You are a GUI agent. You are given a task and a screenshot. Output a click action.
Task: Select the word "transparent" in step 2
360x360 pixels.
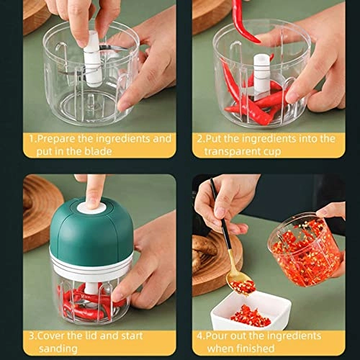click(234, 151)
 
